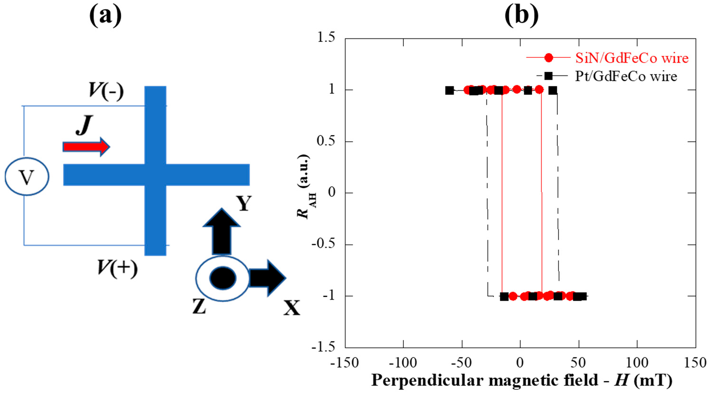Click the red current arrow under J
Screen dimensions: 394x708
(86, 147)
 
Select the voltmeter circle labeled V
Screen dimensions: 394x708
(27, 177)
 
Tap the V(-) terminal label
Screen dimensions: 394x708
(106, 90)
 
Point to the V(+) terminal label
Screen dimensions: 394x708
(117, 268)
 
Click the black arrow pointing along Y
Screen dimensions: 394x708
(222, 232)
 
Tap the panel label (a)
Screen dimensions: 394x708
(105, 15)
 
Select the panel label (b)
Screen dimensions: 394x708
(521, 15)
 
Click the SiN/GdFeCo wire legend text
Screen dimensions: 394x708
(632, 58)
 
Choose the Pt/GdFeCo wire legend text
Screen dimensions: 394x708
(626, 76)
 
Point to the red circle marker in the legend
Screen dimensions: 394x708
(549, 58)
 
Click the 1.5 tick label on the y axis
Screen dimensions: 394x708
(326, 37)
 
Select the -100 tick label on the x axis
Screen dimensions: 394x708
(403, 363)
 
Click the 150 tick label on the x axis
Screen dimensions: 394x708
(695, 363)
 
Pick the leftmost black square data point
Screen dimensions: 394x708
(449, 90)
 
